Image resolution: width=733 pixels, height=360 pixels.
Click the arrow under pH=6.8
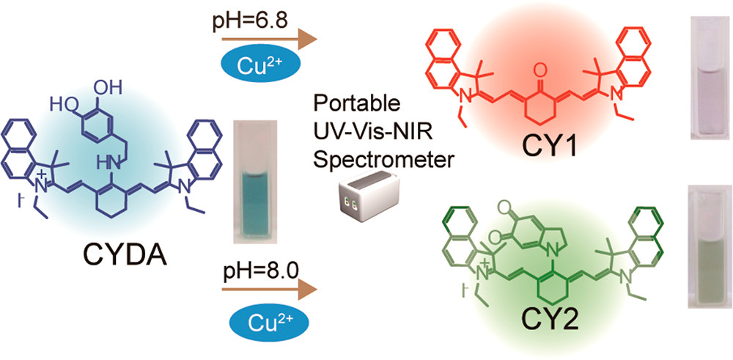tap(269, 41)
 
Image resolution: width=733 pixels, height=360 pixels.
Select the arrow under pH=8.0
tap(269, 290)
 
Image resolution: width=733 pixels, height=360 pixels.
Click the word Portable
tap(357, 102)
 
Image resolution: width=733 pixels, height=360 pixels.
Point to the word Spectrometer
tap(383, 159)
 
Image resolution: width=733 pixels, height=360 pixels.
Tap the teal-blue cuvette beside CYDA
tap(254, 181)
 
